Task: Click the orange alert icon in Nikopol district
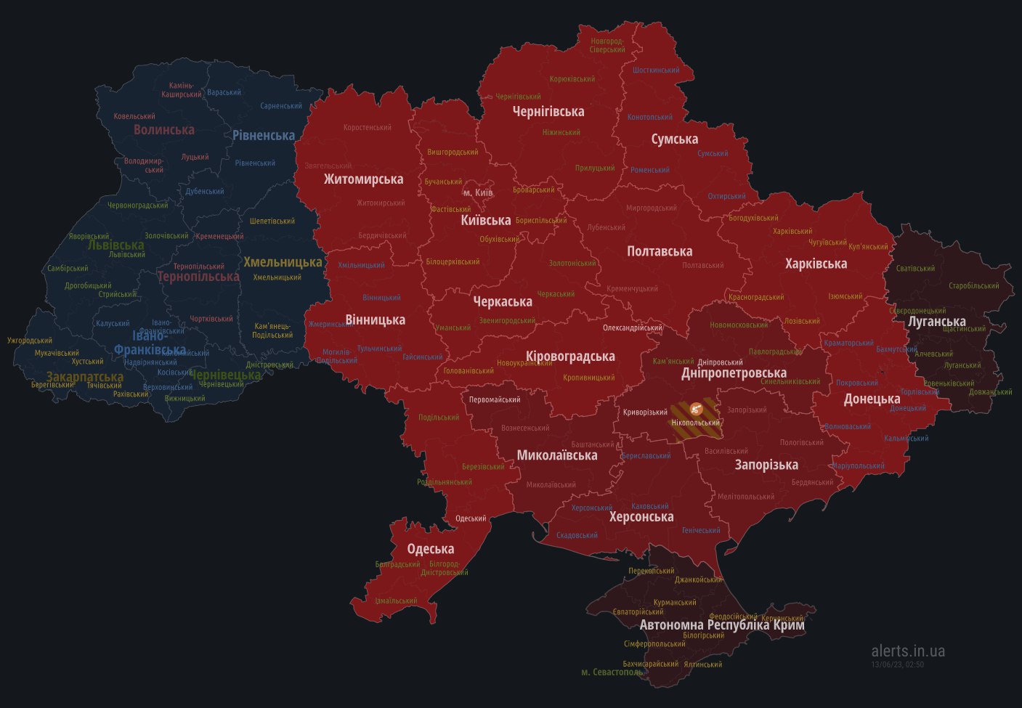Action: pyautogui.click(x=696, y=408)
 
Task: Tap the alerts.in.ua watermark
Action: pyautogui.click(x=908, y=651)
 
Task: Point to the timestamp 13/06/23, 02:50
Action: pyautogui.click(x=897, y=664)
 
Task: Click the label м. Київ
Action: pyautogui.click(x=478, y=192)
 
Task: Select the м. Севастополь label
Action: pyautogui.click(x=612, y=672)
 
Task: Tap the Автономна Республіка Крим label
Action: pyautogui.click(x=722, y=624)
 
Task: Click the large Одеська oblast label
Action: pyautogui.click(x=430, y=549)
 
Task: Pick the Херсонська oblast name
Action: pyautogui.click(x=641, y=517)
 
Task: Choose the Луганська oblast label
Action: pyautogui.click(x=937, y=321)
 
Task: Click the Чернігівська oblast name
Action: pyautogui.click(x=548, y=112)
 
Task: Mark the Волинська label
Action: pyautogui.click(x=164, y=130)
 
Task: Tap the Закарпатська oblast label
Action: pyautogui.click(x=85, y=377)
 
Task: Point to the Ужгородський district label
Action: pyautogui.click(x=30, y=341)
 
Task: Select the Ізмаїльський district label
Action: pyautogui.click(x=396, y=601)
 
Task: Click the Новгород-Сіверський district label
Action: pyautogui.click(x=607, y=46)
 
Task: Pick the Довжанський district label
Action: pyautogui.click(x=990, y=392)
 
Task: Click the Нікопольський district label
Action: pyautogui.click(x=696, y=423)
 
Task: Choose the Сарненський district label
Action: pyautogui.click(x=281, y=106)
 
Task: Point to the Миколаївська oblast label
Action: pyautogui.click(x=557, y=455)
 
